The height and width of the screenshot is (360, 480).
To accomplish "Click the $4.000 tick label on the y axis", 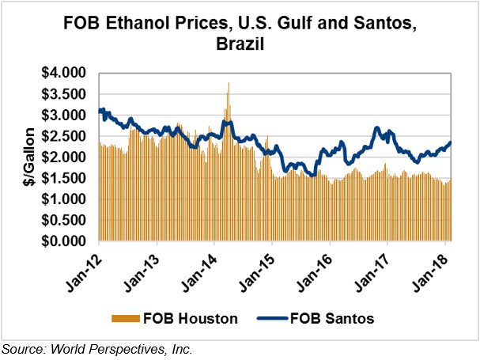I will coord(64,73).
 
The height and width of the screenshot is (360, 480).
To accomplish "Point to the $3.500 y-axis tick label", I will coord(64,94).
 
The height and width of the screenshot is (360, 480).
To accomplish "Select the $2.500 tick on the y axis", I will coord(64,136).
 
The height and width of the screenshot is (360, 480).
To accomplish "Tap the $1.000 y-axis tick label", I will coord(64,199).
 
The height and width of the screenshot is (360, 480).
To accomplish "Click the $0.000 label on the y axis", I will coord(64,241).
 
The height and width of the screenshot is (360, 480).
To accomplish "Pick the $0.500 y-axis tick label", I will coord(64,221).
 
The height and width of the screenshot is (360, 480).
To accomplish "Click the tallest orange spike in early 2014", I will coord(229,83).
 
